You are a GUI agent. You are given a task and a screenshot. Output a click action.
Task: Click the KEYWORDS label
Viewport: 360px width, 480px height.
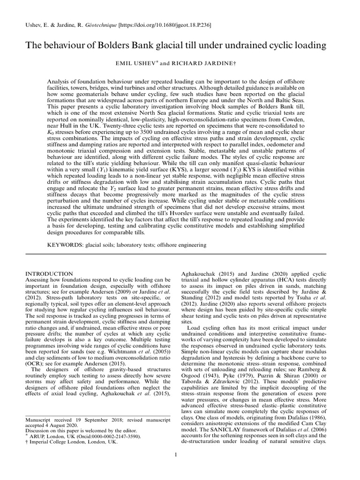click(x=65, y=245)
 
